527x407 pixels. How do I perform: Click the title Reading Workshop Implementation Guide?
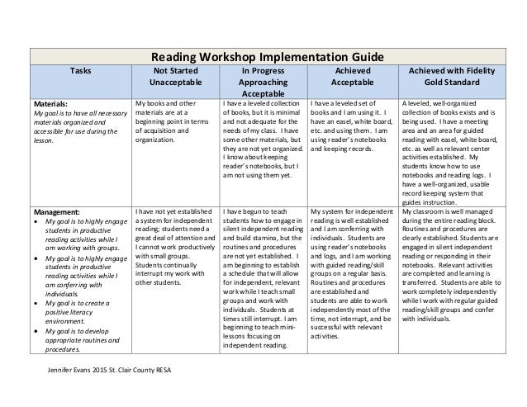coord(263,57)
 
